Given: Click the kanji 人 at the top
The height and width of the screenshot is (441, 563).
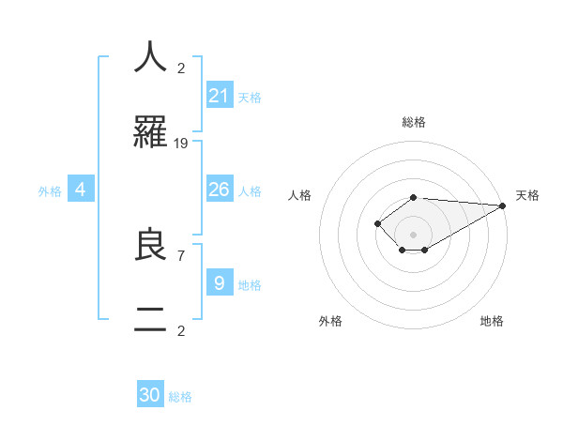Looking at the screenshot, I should pyautogui.click(x=150, y=56).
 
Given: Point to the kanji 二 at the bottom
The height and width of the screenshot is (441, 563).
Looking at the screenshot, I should pyautogui.click(x=150, y=320).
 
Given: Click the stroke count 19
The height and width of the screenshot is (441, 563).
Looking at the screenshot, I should pyautogui.click(x=181, y=143).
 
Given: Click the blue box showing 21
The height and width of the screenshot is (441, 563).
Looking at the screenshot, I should pyautogui.click(x=219, y=95).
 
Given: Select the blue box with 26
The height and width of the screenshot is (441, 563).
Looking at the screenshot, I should pyautogui.click(x=219, y=189).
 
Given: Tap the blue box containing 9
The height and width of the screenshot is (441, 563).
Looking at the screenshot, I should pyautogui.click(x=219, y=282).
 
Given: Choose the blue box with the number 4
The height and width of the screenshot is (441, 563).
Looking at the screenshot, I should pyautogui.click(x=81, y=190).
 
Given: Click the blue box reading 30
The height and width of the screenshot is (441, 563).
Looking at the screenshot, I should pyautogui.click(x=150, y=395).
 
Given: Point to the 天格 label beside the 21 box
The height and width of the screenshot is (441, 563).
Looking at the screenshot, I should pyautogui.click(x=250, y=97).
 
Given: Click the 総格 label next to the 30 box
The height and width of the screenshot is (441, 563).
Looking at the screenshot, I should pyautogui.click(x=180, y=397).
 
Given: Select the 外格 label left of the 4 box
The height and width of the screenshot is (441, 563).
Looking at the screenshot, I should pyautogui.click(x=50, y=191).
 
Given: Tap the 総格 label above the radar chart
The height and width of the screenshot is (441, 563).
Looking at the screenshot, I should pyautogui.click(x=414, y=122).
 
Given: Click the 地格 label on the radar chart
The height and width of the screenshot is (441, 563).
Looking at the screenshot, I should pyautogui.click(x=492, y=321).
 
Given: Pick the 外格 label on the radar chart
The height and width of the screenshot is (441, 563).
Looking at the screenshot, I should pyautogui.click(x=330, y=321).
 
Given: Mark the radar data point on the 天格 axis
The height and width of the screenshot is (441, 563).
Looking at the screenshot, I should pyautogui.click(x=503, y=205).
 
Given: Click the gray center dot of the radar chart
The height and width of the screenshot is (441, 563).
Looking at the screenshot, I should pyautogui.click(x=414, y=235).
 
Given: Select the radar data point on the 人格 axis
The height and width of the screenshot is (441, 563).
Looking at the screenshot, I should pyautogui.click(x=377, y=223).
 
